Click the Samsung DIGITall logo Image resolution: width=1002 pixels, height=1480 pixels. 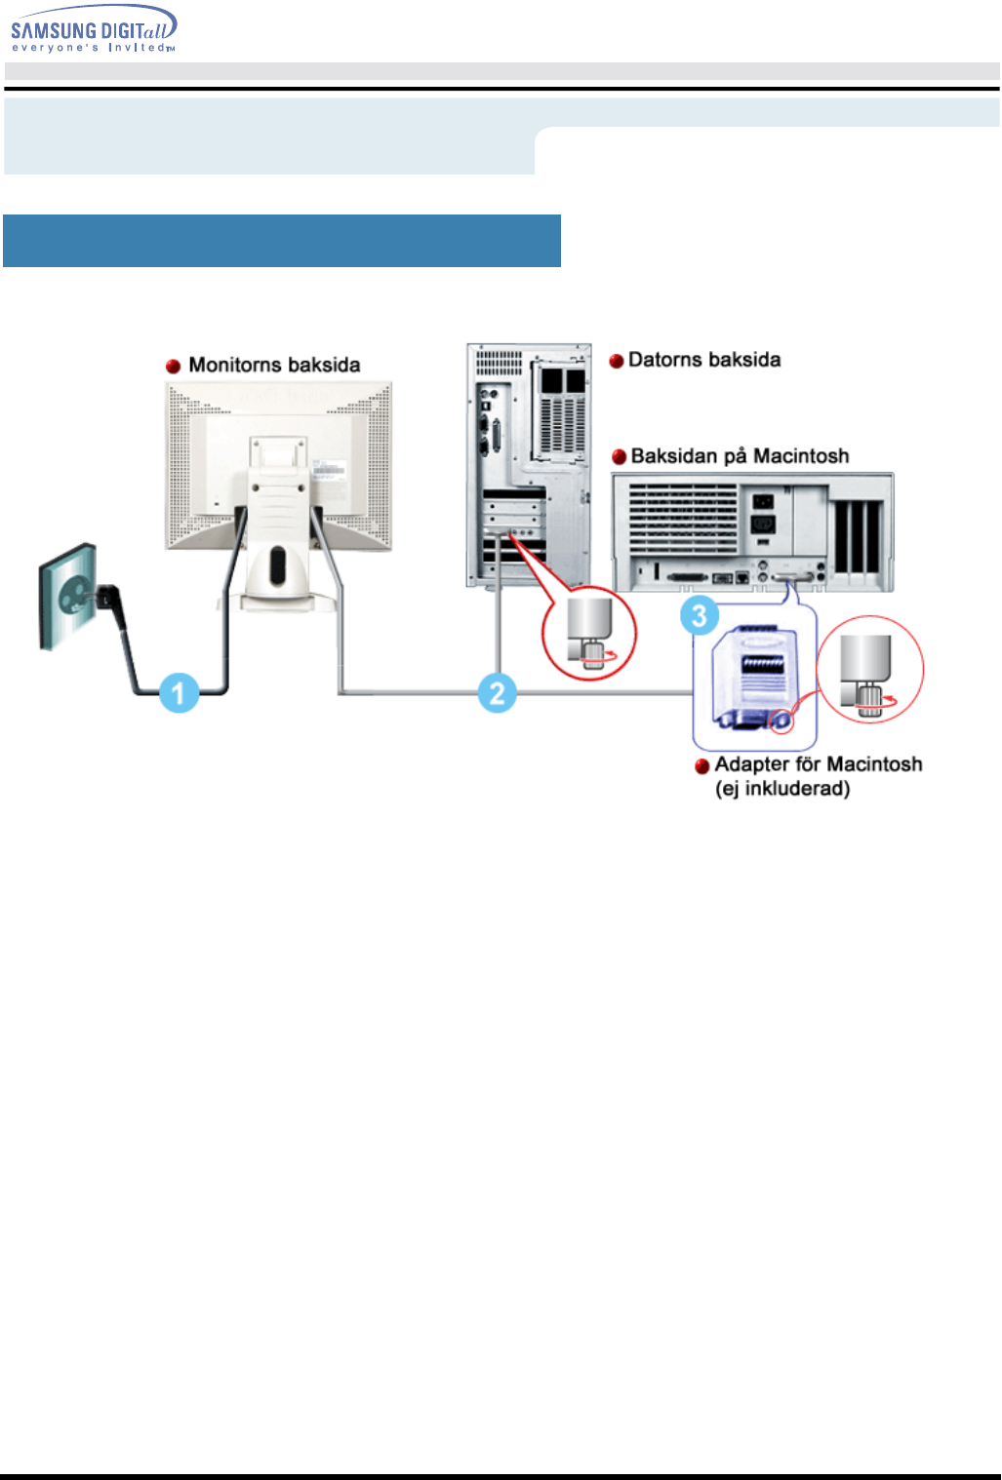tap(94, 29)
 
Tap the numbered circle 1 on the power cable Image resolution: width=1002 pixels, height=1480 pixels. tap(179, 693)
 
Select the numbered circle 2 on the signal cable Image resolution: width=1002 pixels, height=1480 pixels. tap(497, 693)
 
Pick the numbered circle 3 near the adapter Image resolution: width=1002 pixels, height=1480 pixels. tap(700, 616)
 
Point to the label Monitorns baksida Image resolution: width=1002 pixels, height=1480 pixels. tap(274, 365)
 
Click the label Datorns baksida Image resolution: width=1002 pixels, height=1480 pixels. tap(704, 360)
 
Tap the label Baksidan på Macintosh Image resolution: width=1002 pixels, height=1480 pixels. tap(740, 456)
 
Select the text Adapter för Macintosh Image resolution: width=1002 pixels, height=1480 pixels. tap(818, 764)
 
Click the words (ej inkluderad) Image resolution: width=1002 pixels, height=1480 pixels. tap(782, 789)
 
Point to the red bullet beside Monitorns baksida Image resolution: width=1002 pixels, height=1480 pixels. tap(174, 367)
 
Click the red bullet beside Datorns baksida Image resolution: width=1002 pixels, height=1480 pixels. tap(617, 362)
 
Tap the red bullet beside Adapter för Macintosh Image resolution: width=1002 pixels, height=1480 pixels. tap(701, 766)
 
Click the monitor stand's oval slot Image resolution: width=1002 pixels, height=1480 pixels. tap(278, 565)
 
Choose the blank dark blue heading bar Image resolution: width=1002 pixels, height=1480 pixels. tap(282, 241)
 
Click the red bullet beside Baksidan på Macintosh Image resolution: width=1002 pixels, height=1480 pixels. tap(619, 457)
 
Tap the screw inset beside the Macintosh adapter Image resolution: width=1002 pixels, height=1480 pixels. tap(869, 670)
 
